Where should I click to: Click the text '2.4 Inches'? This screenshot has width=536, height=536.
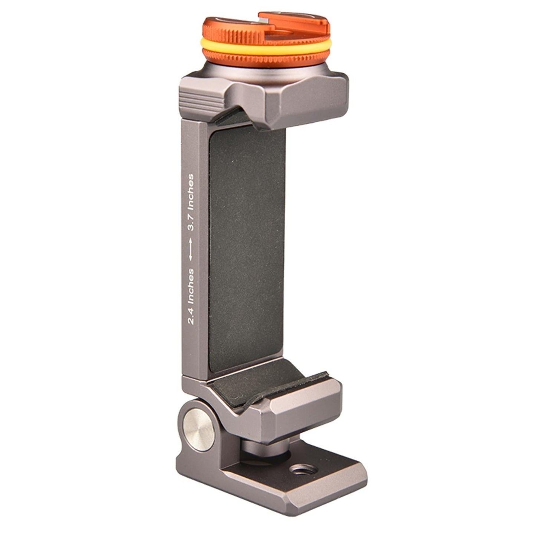click(191, 296)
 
